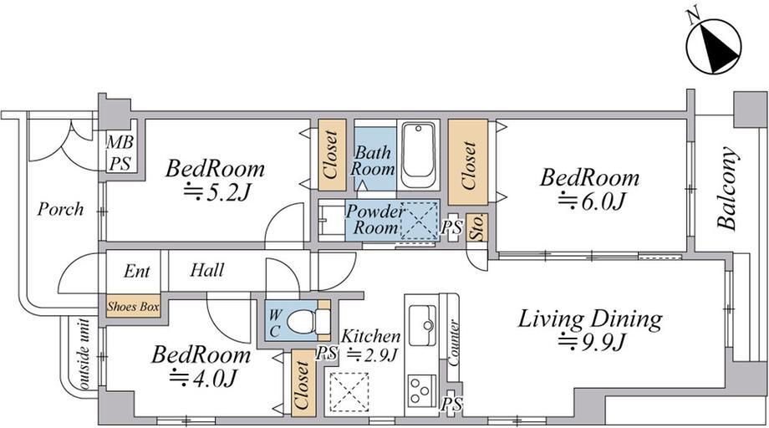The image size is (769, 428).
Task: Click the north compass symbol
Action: pos(713,46)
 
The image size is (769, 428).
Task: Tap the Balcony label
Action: pos(727,188)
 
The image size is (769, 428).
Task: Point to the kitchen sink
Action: pos(423,325)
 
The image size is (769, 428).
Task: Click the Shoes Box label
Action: pos(134,307)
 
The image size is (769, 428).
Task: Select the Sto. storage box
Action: pos(476,228)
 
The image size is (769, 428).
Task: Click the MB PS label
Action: pos(120,153)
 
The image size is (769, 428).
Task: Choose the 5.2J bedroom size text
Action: pos(217,192)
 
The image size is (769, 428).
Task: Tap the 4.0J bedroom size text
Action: pos(203,378)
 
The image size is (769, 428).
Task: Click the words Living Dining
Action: pos(590,319)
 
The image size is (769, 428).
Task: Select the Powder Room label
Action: pos(375,220)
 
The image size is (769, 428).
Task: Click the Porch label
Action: pos(61,209)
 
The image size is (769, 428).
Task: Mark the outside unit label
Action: pos(84,354)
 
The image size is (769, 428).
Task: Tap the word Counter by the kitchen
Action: pos(453,343)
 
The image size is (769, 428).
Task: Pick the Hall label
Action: pos(207,270)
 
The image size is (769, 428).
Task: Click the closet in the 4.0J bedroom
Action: pos(303,383)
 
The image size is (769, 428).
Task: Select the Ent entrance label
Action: pos(137,271)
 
